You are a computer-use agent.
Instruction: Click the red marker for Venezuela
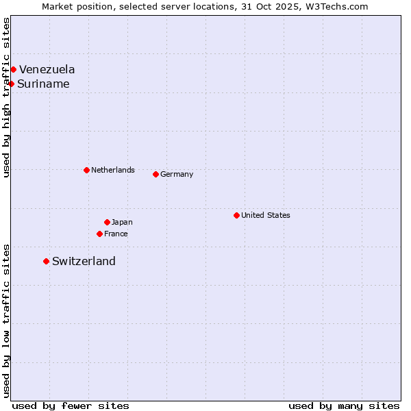[13, 69]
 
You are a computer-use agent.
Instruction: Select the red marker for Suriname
[11, 84]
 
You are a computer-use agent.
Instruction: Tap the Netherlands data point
[86, 170]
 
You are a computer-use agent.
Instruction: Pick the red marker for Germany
[155, 174]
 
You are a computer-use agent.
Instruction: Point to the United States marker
[236, 215]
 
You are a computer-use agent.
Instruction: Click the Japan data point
[107, 222]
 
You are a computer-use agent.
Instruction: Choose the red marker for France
[99, 234]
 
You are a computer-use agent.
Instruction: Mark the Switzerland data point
[46, 261]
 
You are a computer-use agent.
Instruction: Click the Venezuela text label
[47, 69]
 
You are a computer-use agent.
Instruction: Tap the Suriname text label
[43, 84]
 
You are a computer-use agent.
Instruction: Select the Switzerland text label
[84, 261]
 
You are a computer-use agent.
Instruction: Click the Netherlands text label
[112, 170]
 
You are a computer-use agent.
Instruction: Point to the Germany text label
[177, 174]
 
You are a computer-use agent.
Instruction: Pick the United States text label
[265, 215]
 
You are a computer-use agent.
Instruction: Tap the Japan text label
[122, 222]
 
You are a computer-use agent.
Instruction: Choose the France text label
[116, 234]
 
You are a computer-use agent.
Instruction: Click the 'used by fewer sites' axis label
[71, 406]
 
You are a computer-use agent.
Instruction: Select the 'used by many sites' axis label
[344, 406]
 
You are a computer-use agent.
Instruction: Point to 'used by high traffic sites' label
[6, 97]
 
